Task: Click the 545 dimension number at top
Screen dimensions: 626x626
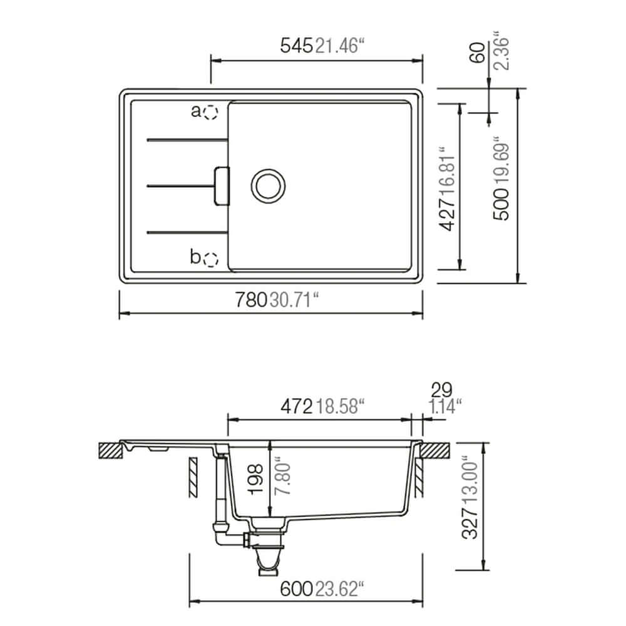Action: click(x=296, y=46)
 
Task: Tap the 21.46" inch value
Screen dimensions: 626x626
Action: click(x=340, y=46)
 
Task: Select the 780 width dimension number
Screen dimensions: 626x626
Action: click(x=251, y=299)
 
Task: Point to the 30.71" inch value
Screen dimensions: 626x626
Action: click(x=295, y=299)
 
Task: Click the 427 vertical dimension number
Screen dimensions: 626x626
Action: click(x=447, y=215)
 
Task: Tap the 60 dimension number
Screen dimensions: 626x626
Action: click(x=477, y=53)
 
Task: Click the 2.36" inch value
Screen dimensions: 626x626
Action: click(x=501, y=50)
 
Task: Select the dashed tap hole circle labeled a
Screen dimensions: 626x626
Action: click(x=210, y=112)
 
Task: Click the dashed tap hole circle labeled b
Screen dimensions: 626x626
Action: click(x=210, y=260)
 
